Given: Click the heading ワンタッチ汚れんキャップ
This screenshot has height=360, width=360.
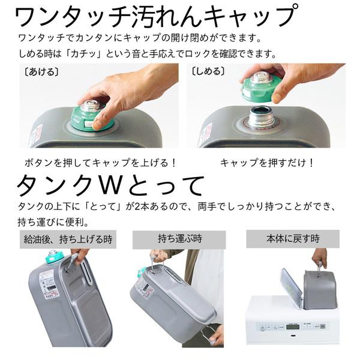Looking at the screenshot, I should pos(155,16).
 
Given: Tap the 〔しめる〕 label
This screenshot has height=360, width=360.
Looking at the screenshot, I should pos(208,70).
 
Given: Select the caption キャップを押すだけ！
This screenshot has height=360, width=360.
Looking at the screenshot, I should pos(267,163).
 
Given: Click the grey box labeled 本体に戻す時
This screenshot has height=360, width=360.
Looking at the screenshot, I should pos(294,238).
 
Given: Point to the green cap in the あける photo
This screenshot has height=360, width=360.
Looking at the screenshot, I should pos(93,118).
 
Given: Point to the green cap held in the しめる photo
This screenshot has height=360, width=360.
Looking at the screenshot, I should pos(262,87).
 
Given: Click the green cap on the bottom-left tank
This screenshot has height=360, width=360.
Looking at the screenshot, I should pos(52,257).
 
